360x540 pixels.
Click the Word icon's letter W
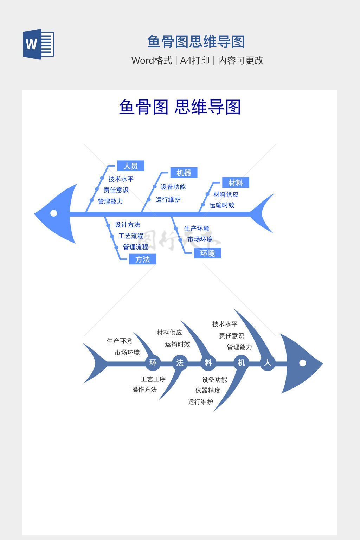(x=31, y=44)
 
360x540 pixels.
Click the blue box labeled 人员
(x=130, y=166)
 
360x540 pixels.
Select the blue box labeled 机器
(x=184, y=173)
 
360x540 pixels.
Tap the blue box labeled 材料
(x=236, y=183)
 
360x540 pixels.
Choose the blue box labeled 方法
(x=142, y=259)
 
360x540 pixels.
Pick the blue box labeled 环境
(x=207, y=253)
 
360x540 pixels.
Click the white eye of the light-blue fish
(x=54, y=213)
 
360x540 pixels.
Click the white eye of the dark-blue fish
(x=303, y=363)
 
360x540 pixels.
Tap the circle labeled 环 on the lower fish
(x=153, y=362)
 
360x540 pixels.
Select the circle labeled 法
(x=180, y=362)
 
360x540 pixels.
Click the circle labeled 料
(x=208, y=362)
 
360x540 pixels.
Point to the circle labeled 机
(x=241, y=362)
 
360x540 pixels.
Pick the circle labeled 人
(x=268, y=362)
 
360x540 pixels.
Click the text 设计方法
(x=127, y=225)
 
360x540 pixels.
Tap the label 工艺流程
(x=131, y=236)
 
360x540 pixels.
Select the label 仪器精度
(x=208, y=390)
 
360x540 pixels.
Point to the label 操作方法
(x=144, y=390)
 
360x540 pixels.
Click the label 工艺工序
(x=153, y=379)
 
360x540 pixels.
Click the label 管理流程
(x=135, y=247)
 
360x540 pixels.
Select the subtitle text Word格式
(x=152, y=60)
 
